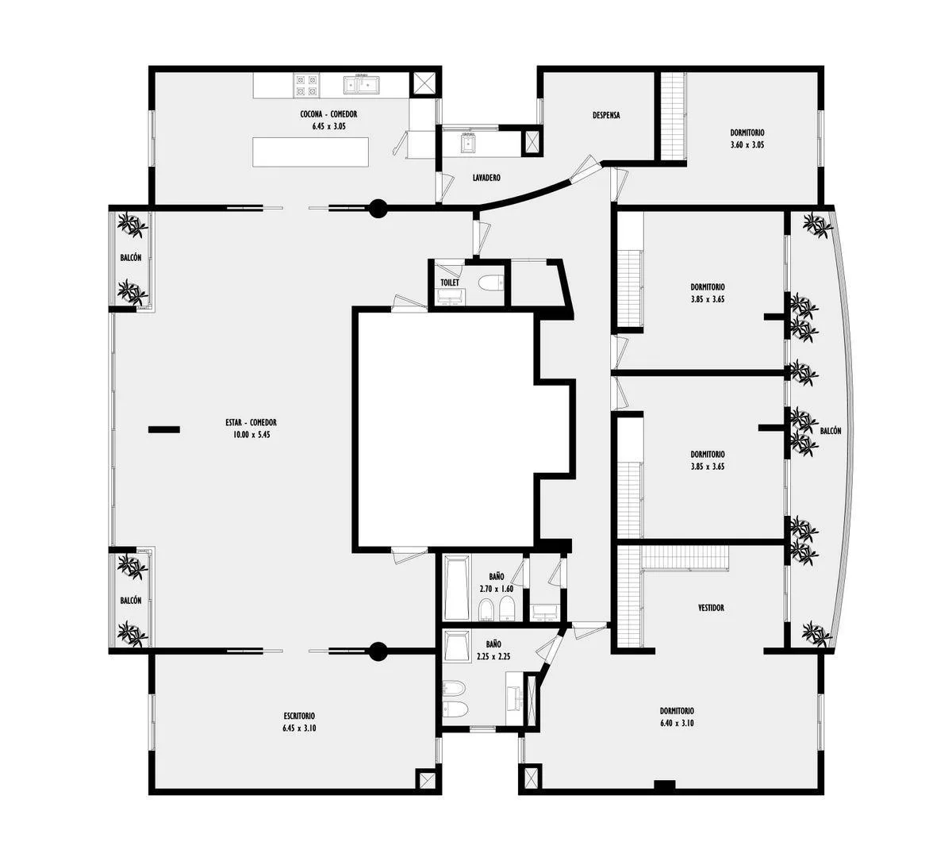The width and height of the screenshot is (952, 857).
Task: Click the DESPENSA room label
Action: coord(606,115)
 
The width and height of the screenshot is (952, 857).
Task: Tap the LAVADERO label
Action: coord(486,178)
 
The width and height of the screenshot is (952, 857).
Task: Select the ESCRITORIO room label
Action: coord(299,716)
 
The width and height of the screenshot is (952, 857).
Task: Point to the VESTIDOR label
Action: coord(711,607)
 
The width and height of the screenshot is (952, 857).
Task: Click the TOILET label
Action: coord(450,282)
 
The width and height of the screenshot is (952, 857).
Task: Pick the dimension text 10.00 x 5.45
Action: coord(251,434)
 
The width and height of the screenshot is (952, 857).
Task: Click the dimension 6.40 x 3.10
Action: coord(677,723)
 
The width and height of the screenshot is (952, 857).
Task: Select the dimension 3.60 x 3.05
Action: coord(747,144)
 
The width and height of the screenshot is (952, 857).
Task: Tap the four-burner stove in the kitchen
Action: coord(305,86)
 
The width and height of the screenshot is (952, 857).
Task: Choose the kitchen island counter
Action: coord(311,152)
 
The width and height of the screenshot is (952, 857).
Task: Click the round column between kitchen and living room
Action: coord(378,208)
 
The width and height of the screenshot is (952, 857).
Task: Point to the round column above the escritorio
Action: coord(378,651)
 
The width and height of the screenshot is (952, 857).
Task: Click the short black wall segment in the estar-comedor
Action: coord(163,429)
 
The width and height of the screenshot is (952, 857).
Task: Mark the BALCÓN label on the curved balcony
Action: coord(831,431)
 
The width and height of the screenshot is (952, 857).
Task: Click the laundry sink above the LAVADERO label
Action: coord(467,143)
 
